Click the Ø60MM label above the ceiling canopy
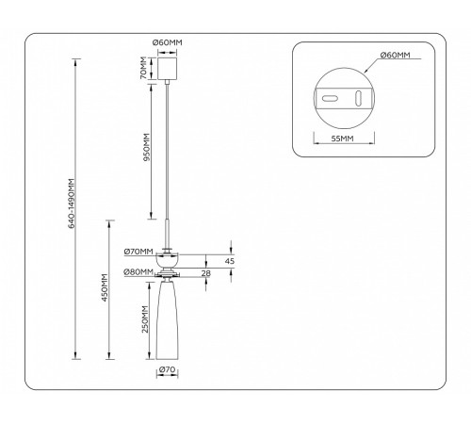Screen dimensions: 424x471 (x=168, y=42)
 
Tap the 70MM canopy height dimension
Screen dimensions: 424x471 (x=143, y=68)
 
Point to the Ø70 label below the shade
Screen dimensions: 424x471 (x=168, y=369)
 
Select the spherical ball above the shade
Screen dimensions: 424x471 (x=169, y=260)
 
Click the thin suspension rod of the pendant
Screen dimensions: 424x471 (x=169, y=151)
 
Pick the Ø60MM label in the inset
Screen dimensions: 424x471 (x=395, y=57)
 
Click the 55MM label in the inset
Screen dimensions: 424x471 (x=341, y=139)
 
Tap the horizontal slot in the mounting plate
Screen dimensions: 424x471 (x=330, y=96)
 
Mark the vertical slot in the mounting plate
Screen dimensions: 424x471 (x=358, y=97)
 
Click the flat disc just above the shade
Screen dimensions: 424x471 (x=169, y=274)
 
